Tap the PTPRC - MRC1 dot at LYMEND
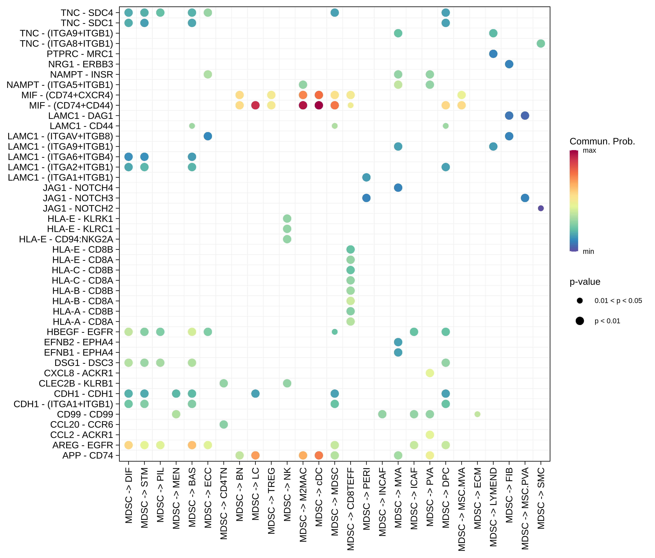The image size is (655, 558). click(x=493, y=54)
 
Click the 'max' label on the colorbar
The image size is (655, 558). click(x=589, y=150)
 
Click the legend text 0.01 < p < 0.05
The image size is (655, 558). click(x=618, y=301)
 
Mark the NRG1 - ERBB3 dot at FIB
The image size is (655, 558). click(x=509, y=64)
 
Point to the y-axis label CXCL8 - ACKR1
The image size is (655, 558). click(x=78, y=373)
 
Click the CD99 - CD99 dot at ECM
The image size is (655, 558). click(x=477, y=414)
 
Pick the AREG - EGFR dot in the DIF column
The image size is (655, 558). click(x=128, y=445)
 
